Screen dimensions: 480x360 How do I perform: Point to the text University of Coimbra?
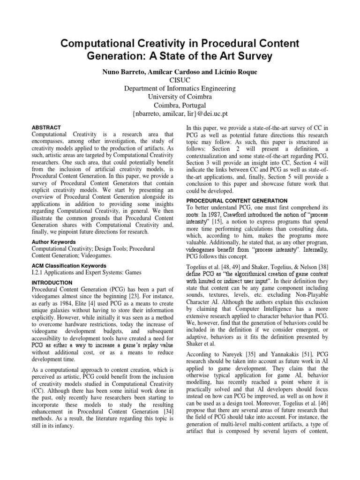180,97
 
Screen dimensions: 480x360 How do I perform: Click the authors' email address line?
180,114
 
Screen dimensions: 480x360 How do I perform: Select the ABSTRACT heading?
46,127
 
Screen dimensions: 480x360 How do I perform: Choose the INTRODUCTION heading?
52,283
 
